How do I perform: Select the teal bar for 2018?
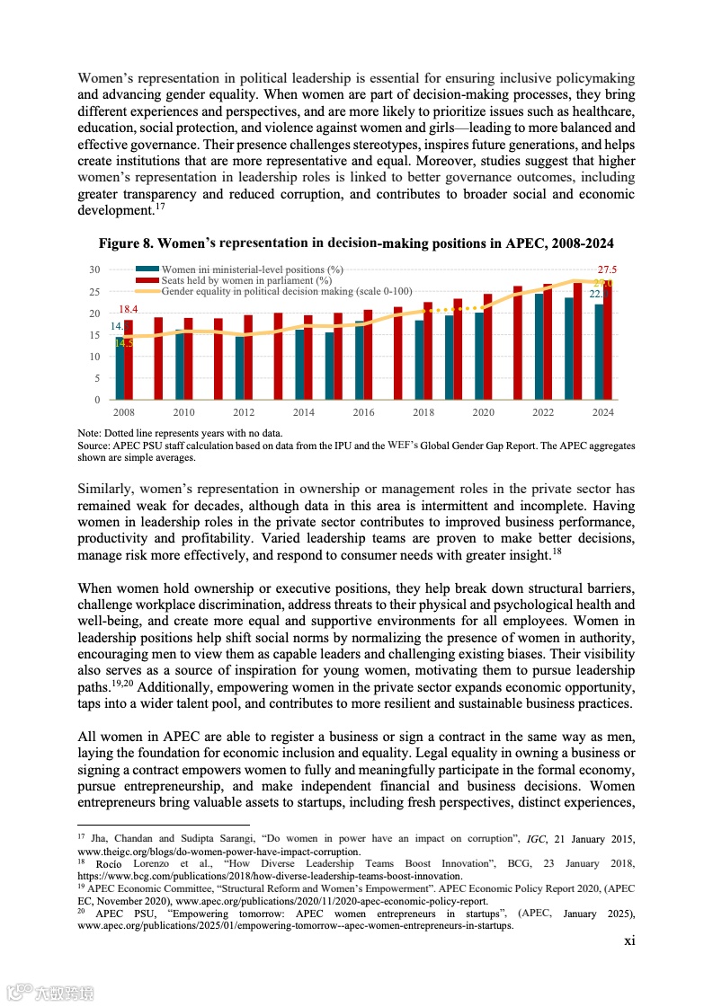419,360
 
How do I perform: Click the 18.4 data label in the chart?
129,309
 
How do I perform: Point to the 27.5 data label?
607,269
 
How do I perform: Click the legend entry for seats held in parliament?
235,280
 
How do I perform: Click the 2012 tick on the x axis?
244,412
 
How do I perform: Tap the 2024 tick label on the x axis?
603,412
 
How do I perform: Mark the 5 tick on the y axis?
97,378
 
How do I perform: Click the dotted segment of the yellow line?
454,308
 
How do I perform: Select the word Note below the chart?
88,434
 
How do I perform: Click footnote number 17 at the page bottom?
82,836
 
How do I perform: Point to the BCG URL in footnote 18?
270,876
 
